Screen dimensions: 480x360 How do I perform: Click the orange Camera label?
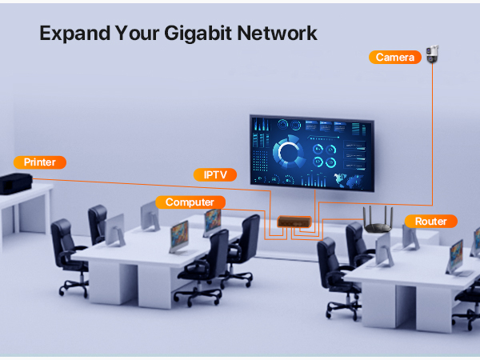(x=395, y=58)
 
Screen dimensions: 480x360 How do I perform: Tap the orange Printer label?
(x=40, y=162)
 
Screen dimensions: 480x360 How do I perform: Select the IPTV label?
(x=215, y=174)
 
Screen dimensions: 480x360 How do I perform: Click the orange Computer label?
(x=190, y=202)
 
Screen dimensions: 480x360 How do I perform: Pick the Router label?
(x=431, y=221)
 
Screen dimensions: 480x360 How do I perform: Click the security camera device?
(x=433, y=54)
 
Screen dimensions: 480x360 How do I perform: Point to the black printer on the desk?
(x=16, y=184)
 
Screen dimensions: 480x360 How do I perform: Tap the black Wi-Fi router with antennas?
(x=378, y=221)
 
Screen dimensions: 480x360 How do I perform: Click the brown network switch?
(x=294, y=222)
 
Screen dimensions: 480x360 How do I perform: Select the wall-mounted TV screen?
(x=312, y=154)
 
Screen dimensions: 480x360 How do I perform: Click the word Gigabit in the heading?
(x=198, y=34)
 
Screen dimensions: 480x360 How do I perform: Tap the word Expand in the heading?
(x=74, y=34)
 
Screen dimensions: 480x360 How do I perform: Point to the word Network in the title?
(x=277, y=33)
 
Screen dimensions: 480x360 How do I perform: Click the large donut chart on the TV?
(x=289, y=152)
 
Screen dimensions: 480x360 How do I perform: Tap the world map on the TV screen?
(x=349, y=181)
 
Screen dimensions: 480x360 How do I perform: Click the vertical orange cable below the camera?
(x=432, y=134)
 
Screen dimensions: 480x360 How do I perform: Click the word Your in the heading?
(x=137, y=34)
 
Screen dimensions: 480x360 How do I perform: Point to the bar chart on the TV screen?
(x=313, y=180)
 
